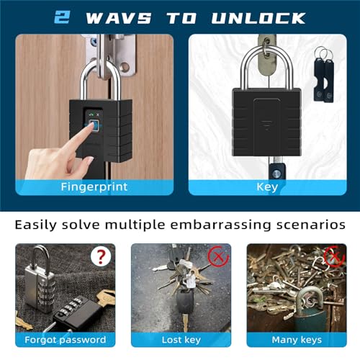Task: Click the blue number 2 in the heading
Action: (x=62, y=17)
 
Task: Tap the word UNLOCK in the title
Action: (x=258, y=18)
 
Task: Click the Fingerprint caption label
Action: (x=94, y=186)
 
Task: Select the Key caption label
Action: (x=267, y=187)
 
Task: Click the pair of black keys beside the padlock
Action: (x=324, y=74)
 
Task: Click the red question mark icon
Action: (x=101, y=257)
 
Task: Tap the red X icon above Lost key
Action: (x=218, y=257)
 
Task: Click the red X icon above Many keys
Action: (x=334, y=256)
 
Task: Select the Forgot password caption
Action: (x=66, y=340)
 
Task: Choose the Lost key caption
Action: (x=181, y=340)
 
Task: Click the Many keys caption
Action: (x=297, y=340)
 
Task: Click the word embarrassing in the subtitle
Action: (x=220, y=225)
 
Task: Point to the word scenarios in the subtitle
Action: (x=311, y=225)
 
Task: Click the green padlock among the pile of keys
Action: (x=310, y=310)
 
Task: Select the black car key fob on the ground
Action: (x=185, y=302)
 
